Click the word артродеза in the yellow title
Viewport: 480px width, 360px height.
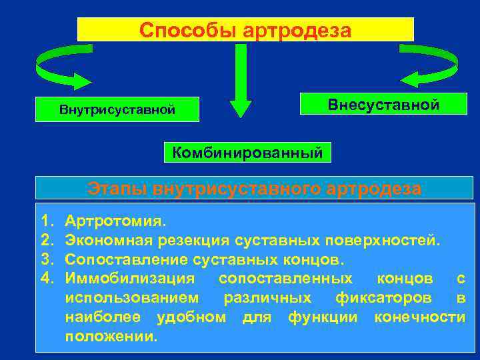[297, 30]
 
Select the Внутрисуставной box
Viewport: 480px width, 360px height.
[117, 109]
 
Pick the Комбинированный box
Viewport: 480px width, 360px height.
[247, 152]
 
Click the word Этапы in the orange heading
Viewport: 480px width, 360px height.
[117, 189]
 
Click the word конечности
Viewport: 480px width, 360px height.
[420, 316]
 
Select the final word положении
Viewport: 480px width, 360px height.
[112, 335]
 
